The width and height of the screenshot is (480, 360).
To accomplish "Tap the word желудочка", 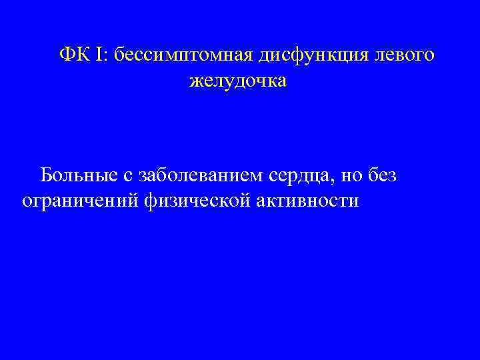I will tap(238, 83).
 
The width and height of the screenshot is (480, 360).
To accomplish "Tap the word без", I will tap(383, 175).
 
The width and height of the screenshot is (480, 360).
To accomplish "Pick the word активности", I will tap(307, 200).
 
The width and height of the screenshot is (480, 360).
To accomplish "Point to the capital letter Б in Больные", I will tap(46, 175).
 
